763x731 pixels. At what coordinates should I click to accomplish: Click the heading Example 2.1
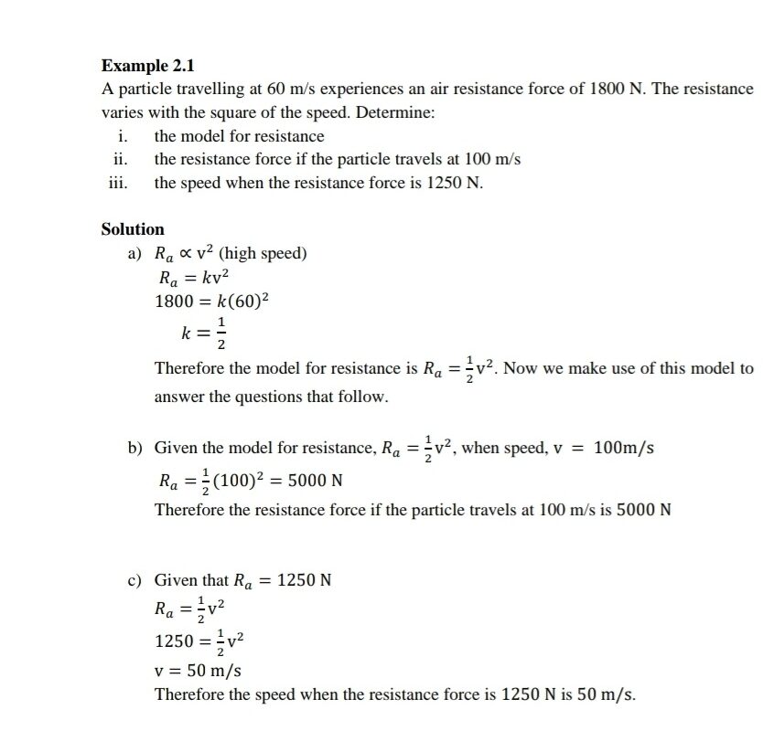(x=147, y=66)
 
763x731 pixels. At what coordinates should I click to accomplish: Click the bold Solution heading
(x=133, y=229)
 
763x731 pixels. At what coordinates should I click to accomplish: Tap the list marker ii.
(x=118, y=159)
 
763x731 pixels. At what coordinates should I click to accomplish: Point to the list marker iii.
(x=118, y=182)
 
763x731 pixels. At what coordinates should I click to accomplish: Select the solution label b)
(x=136, y=449)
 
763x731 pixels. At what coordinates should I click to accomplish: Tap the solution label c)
(x=136, y=579)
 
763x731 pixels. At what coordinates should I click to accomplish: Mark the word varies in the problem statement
(x=122, y=113)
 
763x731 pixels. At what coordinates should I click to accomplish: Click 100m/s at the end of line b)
(x=624, y=449)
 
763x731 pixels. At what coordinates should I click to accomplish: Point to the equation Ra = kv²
(x=193, y=278)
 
